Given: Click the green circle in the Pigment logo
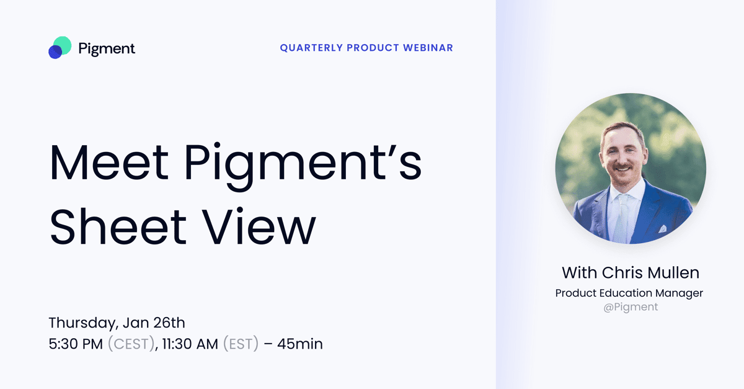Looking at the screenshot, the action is (63, 45).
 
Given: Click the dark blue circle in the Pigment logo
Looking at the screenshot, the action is (55, 52).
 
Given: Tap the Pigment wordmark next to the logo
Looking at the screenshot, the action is (107, 49).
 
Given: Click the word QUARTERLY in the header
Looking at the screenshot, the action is (311, 48).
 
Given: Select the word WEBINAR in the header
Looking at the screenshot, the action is (428, 48).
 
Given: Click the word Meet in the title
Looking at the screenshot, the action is (109, 163).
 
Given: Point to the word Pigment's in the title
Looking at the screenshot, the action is (303, 166).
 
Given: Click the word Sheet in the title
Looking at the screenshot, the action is (118, 226).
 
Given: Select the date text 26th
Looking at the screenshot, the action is (169, 323).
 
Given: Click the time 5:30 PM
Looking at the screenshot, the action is (76, 344).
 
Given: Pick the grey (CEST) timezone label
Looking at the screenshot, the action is (131, 344).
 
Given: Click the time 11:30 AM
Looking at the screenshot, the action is (190, 344).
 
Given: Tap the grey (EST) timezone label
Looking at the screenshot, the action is (241, 344).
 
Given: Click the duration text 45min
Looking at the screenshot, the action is (300, 344).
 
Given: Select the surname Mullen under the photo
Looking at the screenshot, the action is (673, 272).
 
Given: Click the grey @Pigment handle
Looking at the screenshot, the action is (631, 307).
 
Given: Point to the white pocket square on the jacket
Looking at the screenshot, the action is (662, 229).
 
